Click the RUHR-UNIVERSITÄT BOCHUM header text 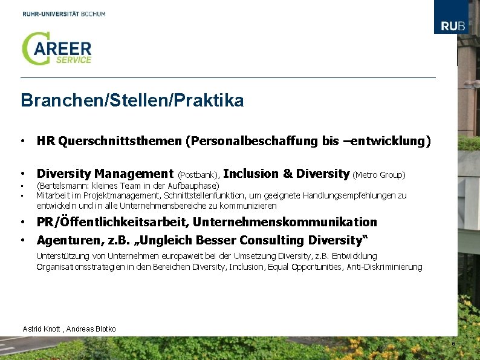[64, 13]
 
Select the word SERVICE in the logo [73, 60]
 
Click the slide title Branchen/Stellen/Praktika [132, 100]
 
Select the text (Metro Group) [378, 175]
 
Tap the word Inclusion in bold [250, 174]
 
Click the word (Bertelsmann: [63, 186]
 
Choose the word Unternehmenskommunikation [285, 222]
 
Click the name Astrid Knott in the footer [42, 329]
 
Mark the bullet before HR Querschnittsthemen [21, 142]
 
